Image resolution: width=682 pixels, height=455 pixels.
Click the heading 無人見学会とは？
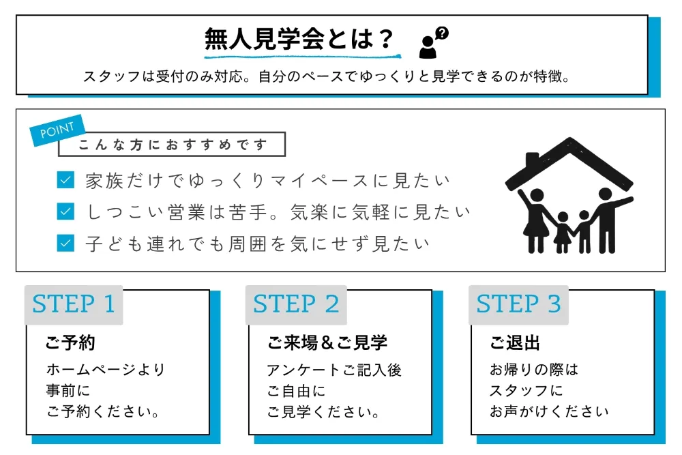pyautogui.click(x=299, y=39)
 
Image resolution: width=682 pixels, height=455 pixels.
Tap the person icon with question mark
pyautogui.click(x=433, y=43)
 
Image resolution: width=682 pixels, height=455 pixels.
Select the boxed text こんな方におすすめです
pyautogui.click(x=171, y=145)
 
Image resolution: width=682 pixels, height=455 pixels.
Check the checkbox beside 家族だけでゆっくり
pyautogui.click(x=65, y=181)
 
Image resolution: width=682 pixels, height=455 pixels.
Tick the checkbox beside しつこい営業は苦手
pyautogui.click(x=65, y=211)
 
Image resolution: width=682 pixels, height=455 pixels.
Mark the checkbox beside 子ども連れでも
pyautogui.click(x=65, y=242)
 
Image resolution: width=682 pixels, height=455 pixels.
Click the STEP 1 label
pyautogui.click(x=74, y=304)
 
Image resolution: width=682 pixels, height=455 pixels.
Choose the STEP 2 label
pyautogui.click(x=296, y=304)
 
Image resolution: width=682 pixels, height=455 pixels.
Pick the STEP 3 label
pyautogui.click(x=518, y=304)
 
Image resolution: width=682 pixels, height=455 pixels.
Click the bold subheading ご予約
pyautogui.click(x=70, y=343)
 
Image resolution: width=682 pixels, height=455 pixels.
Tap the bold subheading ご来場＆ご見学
pyautogui.click(x=327, y=343)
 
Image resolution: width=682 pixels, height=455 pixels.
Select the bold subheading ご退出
pyautogui.click(x=515, y=343)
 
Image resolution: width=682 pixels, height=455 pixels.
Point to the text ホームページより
pyautogui.click(x=106, y=370)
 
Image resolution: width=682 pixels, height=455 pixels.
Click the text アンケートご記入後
pyautogui.click(x=334, y=370)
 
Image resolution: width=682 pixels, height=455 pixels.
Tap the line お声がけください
pyautogui.click(x=549, y=411)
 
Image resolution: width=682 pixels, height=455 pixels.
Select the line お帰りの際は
pyautogui.click(x=534, y=370)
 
